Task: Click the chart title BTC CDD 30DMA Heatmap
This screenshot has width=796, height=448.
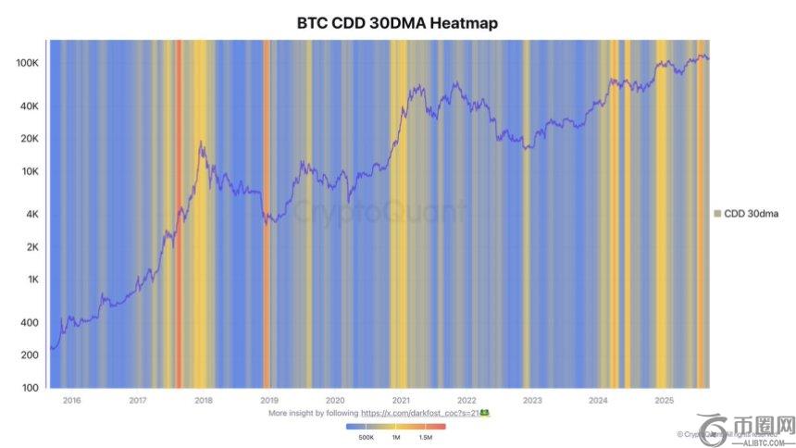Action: coord(397,23)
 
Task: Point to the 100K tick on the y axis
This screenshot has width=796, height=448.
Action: coord(27,63)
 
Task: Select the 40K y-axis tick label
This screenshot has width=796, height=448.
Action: coord(28,106)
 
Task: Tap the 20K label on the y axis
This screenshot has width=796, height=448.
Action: coord(28,139)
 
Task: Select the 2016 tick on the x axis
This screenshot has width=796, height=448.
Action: coord(71,401)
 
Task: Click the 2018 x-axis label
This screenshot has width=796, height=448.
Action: coord(204,401)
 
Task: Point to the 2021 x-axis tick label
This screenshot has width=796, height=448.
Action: coord(401,401)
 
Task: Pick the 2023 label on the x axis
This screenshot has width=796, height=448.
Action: coord(532,401)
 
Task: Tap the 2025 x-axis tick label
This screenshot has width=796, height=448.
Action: coord(664,401)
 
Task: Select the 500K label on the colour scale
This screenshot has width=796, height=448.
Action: coord(366,436)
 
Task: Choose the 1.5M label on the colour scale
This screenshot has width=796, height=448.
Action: coord(426,436)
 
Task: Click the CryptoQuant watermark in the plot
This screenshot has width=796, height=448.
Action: coord(379,213)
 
